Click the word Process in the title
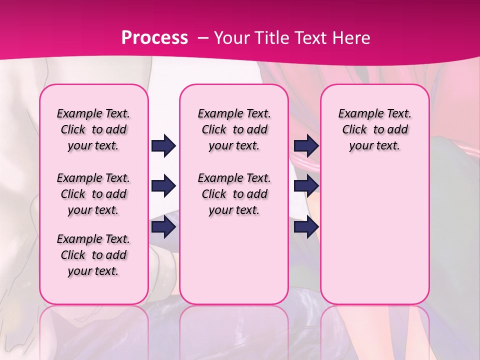(x=154, y=38)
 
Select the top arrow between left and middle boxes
(x=163, y=146)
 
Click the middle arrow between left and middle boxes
(x=163, y=186)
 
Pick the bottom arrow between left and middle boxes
(x=163, y=227)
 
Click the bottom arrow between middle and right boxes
(x=306, y=227)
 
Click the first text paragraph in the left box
(x=93, y=129)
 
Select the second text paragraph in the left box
(x=93, y=194)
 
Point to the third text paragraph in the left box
(x=93, y=255)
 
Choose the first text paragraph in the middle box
(x=234, y=129)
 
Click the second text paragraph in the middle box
(x=234, y=194)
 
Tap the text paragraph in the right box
(x=374, y=129)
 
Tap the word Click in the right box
(x=354, y=129)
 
